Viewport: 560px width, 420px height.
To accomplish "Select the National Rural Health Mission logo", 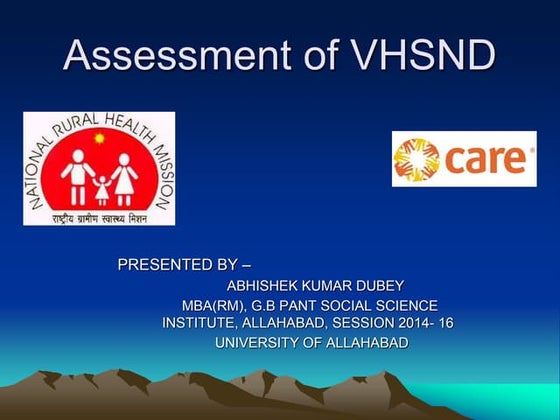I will [99, 169].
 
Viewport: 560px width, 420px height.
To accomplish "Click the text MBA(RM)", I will [213, 305].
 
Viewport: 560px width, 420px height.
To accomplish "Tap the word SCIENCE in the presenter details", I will [406, 305].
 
